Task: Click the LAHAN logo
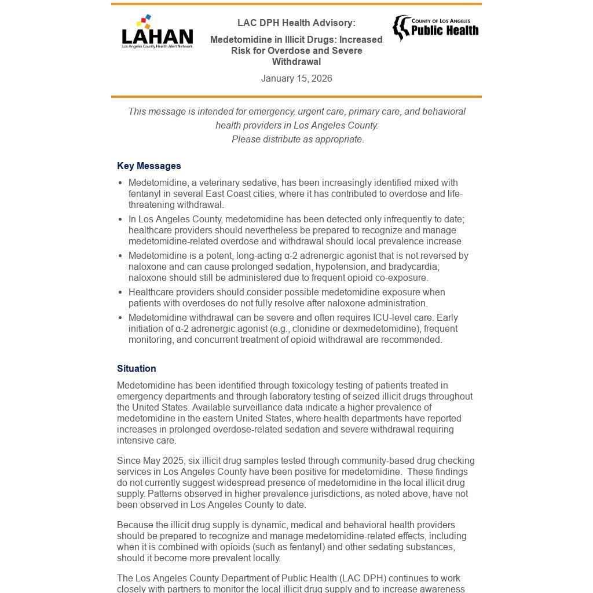click(x=157, y=32)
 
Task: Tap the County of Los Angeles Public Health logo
click(x=435, y=28)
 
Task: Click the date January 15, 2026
click(x=296, y=79)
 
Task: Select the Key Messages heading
click(x=149, y=166)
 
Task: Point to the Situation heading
click(x=137, y=369)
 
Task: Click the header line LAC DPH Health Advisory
click(x=296, y=23)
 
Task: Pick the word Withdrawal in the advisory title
click(x=296, y=62)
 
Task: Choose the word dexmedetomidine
click(x=378, y=329)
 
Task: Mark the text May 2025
click(x=165, y=461)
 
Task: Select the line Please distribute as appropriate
click(x=298, y=140)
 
